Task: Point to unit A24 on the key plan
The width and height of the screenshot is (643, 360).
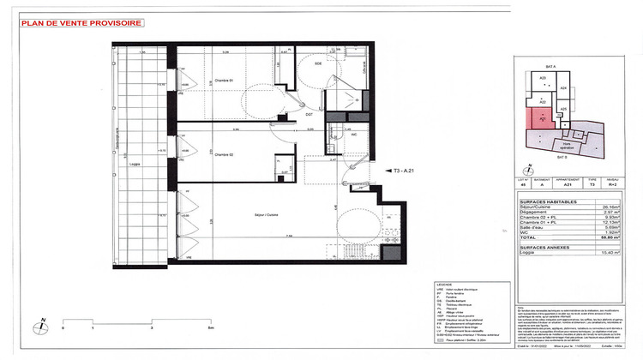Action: point(562,89)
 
